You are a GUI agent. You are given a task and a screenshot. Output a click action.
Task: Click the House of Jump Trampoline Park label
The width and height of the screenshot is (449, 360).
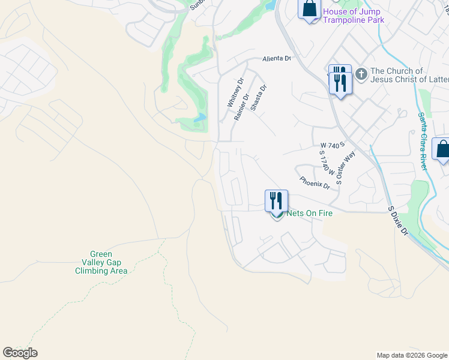353,16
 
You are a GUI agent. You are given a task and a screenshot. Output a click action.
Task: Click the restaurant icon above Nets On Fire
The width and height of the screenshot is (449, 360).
277,201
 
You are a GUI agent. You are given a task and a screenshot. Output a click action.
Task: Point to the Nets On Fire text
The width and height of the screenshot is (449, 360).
305,213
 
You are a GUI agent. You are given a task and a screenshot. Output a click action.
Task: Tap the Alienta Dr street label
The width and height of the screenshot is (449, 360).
276,59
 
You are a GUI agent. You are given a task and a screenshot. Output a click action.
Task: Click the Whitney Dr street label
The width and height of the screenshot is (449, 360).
235,93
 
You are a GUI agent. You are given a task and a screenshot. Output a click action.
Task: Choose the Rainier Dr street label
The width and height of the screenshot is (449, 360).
242,106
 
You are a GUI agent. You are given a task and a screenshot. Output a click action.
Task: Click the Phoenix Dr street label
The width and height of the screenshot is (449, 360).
315,182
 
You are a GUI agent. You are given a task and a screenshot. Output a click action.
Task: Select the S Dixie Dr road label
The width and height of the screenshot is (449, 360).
398,221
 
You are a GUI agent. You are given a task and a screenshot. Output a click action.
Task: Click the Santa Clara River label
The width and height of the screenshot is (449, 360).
423,141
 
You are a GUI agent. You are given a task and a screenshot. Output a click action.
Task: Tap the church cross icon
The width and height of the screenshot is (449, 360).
361,75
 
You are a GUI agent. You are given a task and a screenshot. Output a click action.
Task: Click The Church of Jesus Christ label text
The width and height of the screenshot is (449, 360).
408,75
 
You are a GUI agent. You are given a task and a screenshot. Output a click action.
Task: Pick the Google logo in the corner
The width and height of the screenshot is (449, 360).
20,352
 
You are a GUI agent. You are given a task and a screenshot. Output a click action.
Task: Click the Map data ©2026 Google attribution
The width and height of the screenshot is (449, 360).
412,355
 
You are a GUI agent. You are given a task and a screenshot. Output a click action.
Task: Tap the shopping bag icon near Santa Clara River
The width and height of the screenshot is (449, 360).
442,149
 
